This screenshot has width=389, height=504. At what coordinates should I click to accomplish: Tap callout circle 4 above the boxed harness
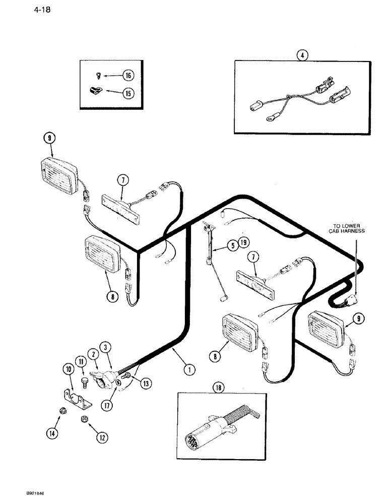[301, 55]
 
